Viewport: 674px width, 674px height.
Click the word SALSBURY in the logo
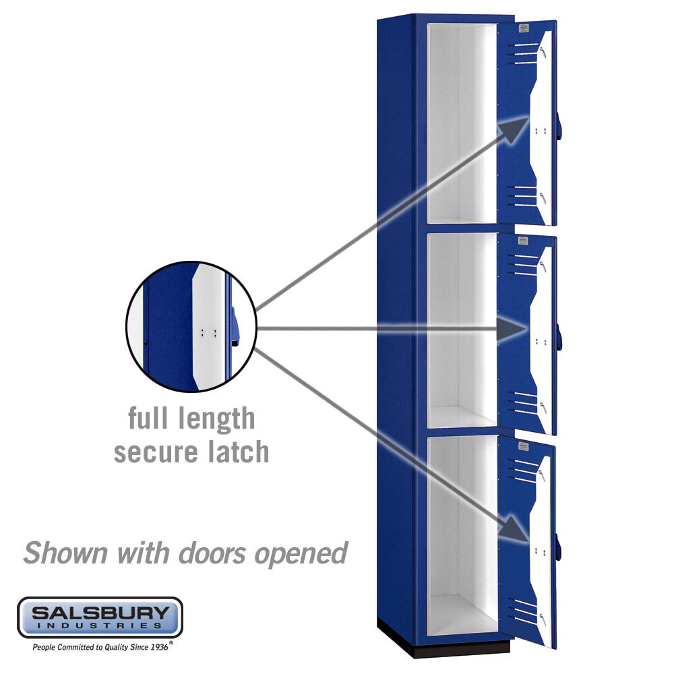[100, 612]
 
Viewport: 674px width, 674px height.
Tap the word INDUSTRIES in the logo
[100, 625]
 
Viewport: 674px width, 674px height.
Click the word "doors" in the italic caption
[213, 553]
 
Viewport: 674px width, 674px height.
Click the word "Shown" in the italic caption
[65, 553]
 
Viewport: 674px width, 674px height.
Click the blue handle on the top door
[559, 126]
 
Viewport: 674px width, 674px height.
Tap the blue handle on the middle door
[559, 338]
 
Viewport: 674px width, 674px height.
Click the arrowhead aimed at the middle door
[512, 330]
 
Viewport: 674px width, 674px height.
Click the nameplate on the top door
[523, 29]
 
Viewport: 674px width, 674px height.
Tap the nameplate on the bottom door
[523, 446]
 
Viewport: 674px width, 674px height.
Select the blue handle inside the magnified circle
[235, 326]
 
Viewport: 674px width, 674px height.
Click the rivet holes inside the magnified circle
[208, 333]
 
